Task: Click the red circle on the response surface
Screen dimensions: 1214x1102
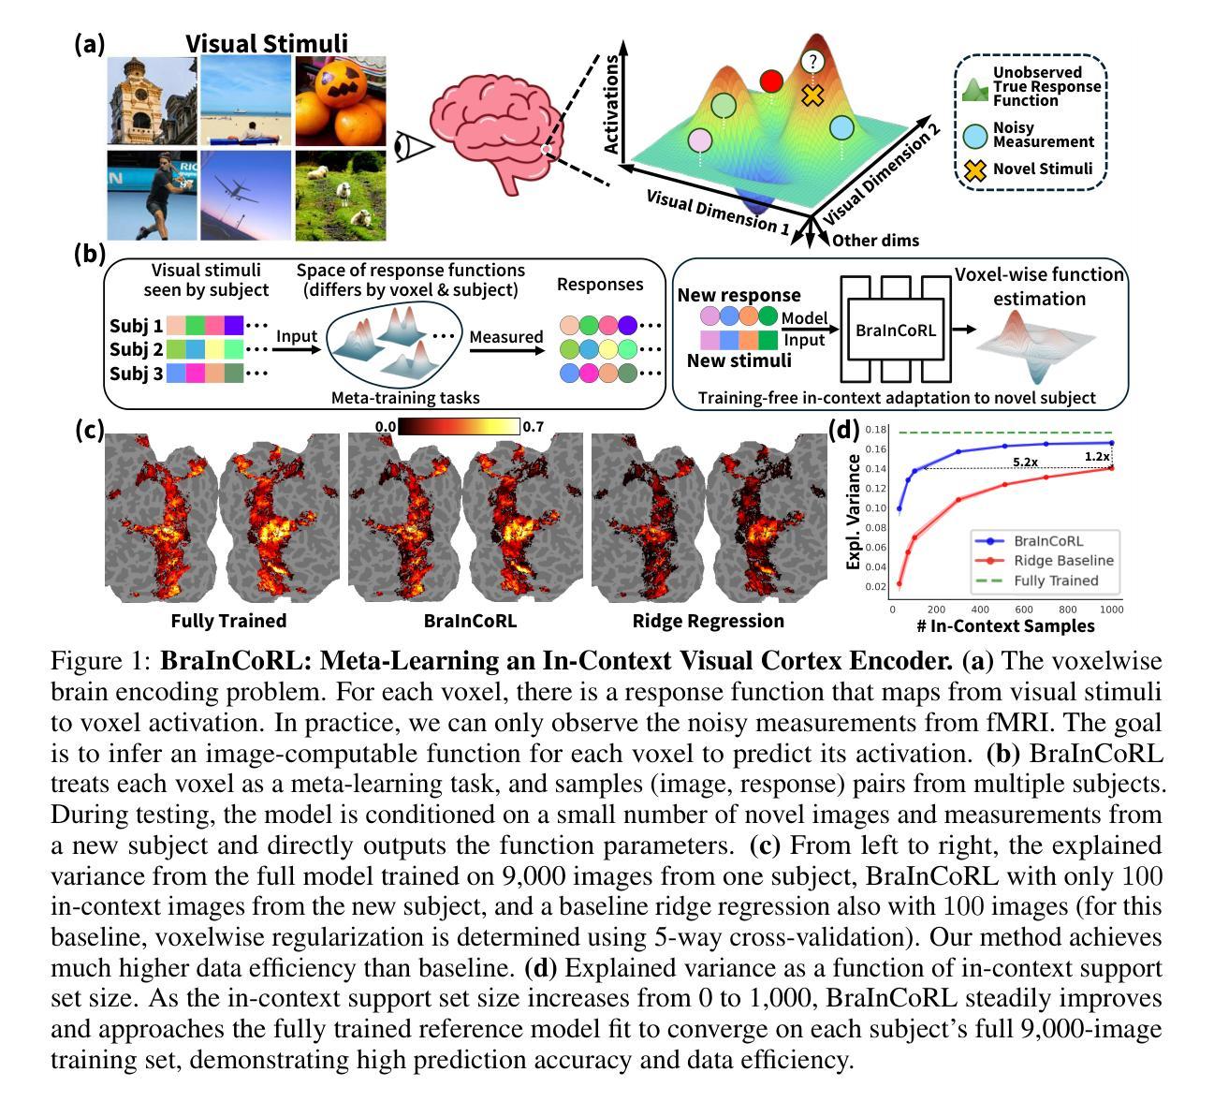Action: (x=771, y=81)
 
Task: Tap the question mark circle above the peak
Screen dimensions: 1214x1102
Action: (x=812, y=61)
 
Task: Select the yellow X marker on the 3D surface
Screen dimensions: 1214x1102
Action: (x=812, y=96)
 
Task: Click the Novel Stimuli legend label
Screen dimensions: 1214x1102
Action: (x=1043, y=169)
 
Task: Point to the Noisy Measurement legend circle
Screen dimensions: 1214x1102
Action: (x=975, y=136)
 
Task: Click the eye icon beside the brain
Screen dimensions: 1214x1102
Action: (x=414, y=147)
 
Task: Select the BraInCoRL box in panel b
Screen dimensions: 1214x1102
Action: (x=896, y=330)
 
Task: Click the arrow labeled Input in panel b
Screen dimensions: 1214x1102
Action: (x=296, y=349)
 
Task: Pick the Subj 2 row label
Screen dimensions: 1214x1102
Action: (x=136, y=349)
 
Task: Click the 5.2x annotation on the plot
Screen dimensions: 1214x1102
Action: (x=1025, y=462)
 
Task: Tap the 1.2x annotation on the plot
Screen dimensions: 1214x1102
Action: (x=1097, y=457)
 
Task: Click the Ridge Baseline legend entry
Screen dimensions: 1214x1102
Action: (x=1063, y=560)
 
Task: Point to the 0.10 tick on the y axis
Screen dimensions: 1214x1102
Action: (x=875, y=508)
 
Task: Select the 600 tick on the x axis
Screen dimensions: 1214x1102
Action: (x=1023, y=610)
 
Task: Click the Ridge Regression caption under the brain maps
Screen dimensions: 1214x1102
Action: (x=708, y=621)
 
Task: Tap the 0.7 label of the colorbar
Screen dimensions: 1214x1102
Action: (x=533, y=427)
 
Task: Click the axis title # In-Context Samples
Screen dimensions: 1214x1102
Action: (x=1005, y=625)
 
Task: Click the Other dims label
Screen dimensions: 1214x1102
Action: (x=875, y=241)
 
